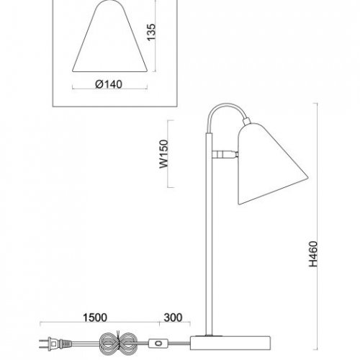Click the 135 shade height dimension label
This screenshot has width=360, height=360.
(x=151, y=32)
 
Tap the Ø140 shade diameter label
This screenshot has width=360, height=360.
(x=109, y=84)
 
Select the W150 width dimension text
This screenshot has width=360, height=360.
(x=164, y=154)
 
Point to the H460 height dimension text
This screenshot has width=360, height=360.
(x=313, y=254)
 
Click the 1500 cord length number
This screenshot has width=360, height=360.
(x=95, y=318)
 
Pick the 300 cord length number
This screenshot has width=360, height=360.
(x=173, y=318)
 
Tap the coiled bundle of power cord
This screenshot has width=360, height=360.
(x=117, y=344)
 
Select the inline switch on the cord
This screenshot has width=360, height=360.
(x=158, y=343)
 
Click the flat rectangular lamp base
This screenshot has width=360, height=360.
(x=230, y=343)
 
